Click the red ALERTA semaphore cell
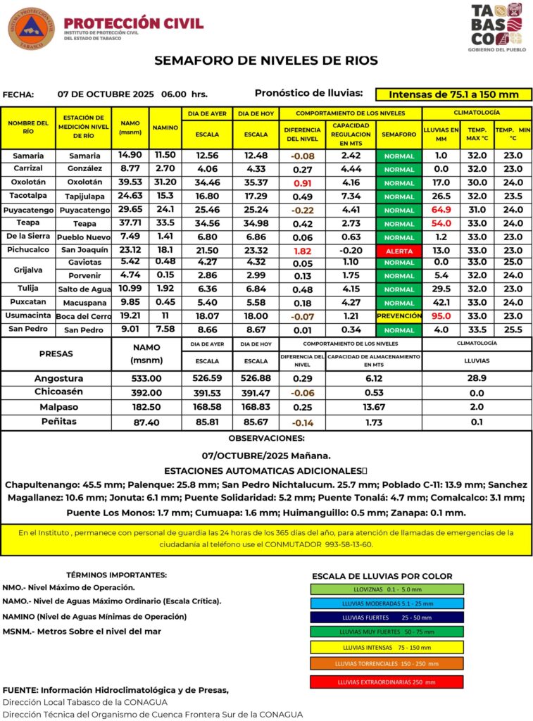coord(399,250)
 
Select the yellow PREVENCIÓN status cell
coord(399,316)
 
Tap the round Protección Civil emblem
coord(31,28)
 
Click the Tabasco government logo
coord(496,27)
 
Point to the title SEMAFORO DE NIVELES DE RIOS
coord(266,61)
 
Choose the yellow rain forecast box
coord(453,94)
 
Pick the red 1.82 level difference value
coord(302,250)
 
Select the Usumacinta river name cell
coord(28,316)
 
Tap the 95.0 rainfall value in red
coord(441,316)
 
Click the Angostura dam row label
coord(59,378)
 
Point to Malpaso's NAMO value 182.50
coord(146,407)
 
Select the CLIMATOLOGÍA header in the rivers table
coord(477,113)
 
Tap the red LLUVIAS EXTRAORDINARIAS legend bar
coord(387,682)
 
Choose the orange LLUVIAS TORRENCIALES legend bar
coord(387,663)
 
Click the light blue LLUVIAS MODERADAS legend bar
coord(387,603)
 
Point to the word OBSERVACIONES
coord(266,438)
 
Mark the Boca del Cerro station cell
coord(84,316)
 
